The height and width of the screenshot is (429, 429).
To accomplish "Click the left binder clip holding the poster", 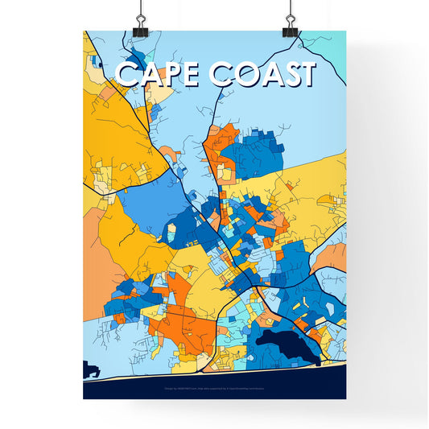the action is [x=140, y=24].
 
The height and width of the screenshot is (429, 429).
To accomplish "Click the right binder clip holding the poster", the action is [x=289, y=24].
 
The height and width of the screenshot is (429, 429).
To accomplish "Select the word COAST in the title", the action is [x=262, y=74].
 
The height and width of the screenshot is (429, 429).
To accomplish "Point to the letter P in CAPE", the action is [x=171, y=74].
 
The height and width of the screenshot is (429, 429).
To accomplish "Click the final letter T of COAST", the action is [x=305, y=74].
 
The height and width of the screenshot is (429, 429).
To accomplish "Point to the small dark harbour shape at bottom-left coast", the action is [x=90, y=369].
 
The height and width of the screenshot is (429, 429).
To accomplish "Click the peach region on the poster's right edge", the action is [x=332, y=258].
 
